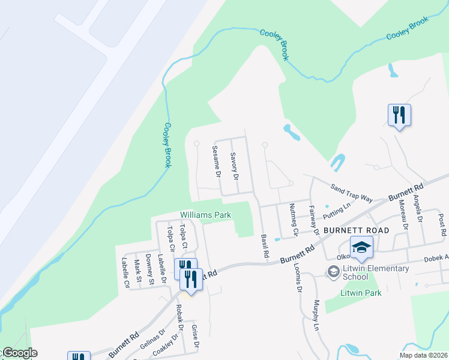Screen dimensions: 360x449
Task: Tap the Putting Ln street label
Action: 336,210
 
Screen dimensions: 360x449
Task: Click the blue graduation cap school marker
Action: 362,247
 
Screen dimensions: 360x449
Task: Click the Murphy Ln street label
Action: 316,316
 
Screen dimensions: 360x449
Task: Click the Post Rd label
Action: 442,224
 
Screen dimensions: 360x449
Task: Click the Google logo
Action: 19,353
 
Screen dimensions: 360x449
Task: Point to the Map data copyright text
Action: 423,355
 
